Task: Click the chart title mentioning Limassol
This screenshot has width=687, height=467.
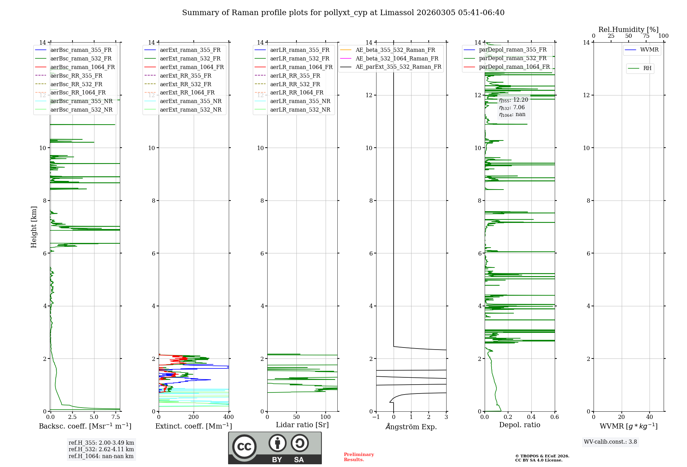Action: coord(343,13)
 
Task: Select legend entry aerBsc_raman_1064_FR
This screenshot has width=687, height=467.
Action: coord(82,67)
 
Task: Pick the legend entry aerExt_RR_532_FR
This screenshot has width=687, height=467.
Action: coord(185,84)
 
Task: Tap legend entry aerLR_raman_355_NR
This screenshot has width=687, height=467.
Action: coord(300,101)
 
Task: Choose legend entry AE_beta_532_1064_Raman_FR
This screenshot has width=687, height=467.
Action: coord(397,58)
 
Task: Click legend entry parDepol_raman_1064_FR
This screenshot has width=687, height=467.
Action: coord(514,67)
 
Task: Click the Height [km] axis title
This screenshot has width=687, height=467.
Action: coord(34,227)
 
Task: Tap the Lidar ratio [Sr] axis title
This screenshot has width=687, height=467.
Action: coord(302,425)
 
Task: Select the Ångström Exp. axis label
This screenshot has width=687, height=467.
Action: coord(411,426)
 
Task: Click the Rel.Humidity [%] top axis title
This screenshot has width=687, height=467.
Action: coord(628,30)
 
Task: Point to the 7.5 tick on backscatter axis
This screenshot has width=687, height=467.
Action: coord(116,417)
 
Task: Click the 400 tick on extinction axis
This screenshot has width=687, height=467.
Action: coord(229,417)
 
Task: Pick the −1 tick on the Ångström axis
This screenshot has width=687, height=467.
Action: coord(376,417)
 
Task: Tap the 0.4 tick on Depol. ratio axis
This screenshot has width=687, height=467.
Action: coord(531,417)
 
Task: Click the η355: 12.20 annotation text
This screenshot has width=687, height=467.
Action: coord(514,100)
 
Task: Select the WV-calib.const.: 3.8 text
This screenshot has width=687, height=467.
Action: coord(610,442)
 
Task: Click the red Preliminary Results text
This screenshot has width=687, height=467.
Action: coord(359,457)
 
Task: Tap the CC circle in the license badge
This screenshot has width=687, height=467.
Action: coord(244,447)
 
